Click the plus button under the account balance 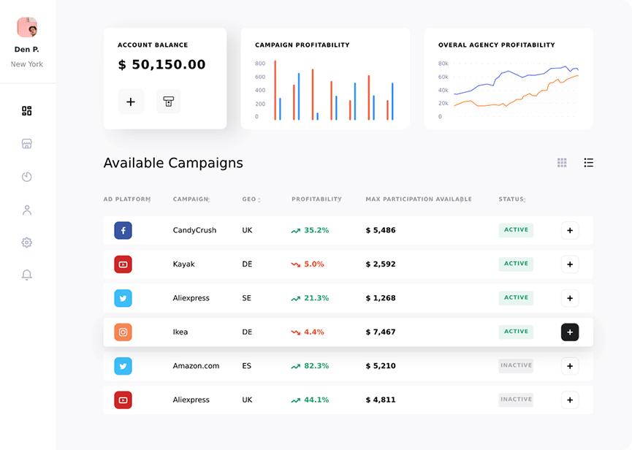(131, 102)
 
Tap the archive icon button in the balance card (169, 102)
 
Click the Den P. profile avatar (27, 27)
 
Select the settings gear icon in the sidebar (27, 243)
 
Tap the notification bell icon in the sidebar (27, 275)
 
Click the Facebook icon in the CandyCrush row (123, 230)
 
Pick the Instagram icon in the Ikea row (123, 332)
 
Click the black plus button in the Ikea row (570, 332)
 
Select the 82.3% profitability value (316, 366)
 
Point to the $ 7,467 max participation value (381, 332)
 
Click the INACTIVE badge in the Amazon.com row (516, 365)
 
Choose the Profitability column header (316, 199)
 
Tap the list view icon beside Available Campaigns (588, 163)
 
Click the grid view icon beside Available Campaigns (562, 163)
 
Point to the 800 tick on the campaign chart (260, 64)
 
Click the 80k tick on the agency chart (443, 64)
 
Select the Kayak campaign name (184, 264)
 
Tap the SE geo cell (247, 298)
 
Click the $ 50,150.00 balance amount (161, 65)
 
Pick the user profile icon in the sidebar (27, 210)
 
